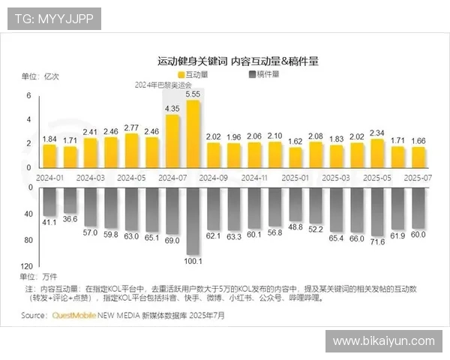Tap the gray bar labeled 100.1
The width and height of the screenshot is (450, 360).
point(193,220)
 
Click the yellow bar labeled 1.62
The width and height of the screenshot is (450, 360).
point(295,157)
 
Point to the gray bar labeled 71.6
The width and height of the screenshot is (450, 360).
point(377,213)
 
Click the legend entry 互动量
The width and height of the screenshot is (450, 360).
point(193,75)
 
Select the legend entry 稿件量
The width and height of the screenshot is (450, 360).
point(263,75)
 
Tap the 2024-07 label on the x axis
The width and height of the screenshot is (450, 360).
point(172,178)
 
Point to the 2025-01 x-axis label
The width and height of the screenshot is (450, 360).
point(295,178)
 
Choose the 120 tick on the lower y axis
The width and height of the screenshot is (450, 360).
point(27,266)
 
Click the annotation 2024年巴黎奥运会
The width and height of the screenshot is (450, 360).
point(163,85)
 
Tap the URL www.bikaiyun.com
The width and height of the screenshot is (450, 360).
point(383,340)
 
